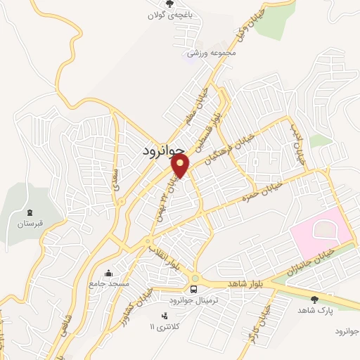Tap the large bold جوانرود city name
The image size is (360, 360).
click(x=162, y=150)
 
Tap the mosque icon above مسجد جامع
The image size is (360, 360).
click(x=108, y=272)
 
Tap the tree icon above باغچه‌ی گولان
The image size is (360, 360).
click(x=169, y=4)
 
